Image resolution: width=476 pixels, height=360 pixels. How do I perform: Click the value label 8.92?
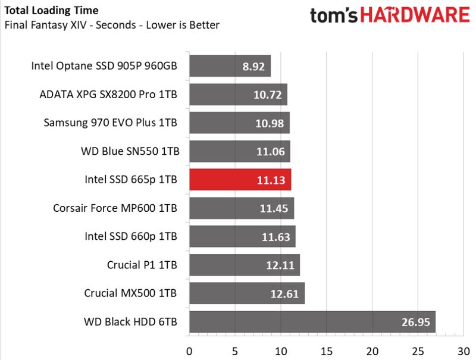(x=253, y=67)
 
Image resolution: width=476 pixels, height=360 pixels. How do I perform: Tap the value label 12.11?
(x=280, y=265)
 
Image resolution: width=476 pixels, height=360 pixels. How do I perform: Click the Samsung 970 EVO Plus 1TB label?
(x=111, y=123)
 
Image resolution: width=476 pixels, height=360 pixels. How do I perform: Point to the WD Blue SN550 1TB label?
(x=130, y=151)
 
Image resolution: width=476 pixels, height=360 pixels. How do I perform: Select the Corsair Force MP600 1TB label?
(x=115, y=208)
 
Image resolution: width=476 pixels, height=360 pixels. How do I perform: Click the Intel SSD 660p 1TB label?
(x=131, y=236)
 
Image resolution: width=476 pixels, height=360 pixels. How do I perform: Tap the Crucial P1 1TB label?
(x=142, y=265)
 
